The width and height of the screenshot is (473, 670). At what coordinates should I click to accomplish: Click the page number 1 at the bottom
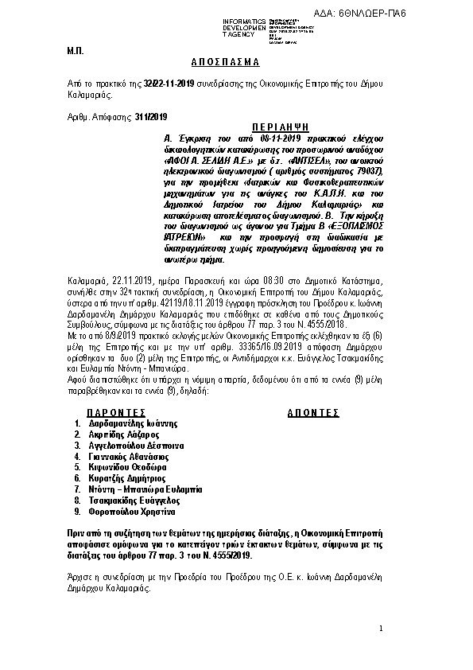382,629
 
